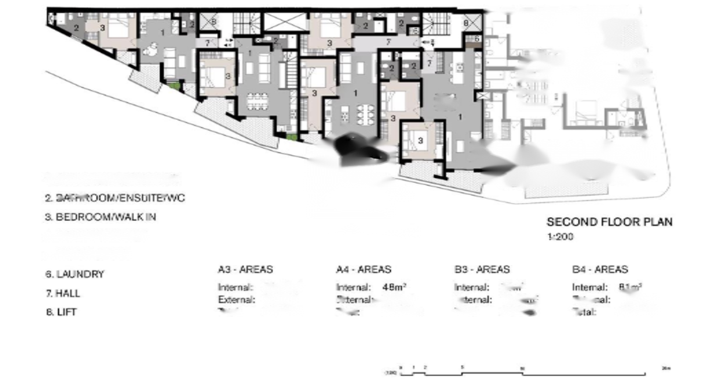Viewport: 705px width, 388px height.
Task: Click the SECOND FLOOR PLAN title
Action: click(x=609, y=222)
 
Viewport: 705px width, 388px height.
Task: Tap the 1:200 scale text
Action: click(x=560, y=237)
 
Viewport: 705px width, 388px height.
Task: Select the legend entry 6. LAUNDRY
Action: click(x=75, y=274)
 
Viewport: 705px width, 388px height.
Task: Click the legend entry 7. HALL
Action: click(x=62, y=293)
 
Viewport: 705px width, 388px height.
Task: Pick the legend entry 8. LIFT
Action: click(x=61, y=312)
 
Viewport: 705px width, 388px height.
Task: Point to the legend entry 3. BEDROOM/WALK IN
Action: click(x=101, y=217)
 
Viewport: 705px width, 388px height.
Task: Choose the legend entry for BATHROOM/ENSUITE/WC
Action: click(x=115, y=198)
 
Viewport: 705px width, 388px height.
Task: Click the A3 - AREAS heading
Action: click(x=245, y=269)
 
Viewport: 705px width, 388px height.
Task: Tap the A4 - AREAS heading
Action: click(x=363, y=269)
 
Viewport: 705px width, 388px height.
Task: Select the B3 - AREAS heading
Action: click(x=481, y=269)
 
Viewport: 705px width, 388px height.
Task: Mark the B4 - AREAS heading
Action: click(x=600, y=269)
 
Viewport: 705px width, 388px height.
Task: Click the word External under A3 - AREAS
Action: click(x=236, y=300)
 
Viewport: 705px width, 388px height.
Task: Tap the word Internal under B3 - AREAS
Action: click(x=472, y=287)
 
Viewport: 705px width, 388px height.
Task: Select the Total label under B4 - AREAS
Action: click(x=584, y=312)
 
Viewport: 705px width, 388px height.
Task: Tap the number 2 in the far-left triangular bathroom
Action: click(x=76, y=27)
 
